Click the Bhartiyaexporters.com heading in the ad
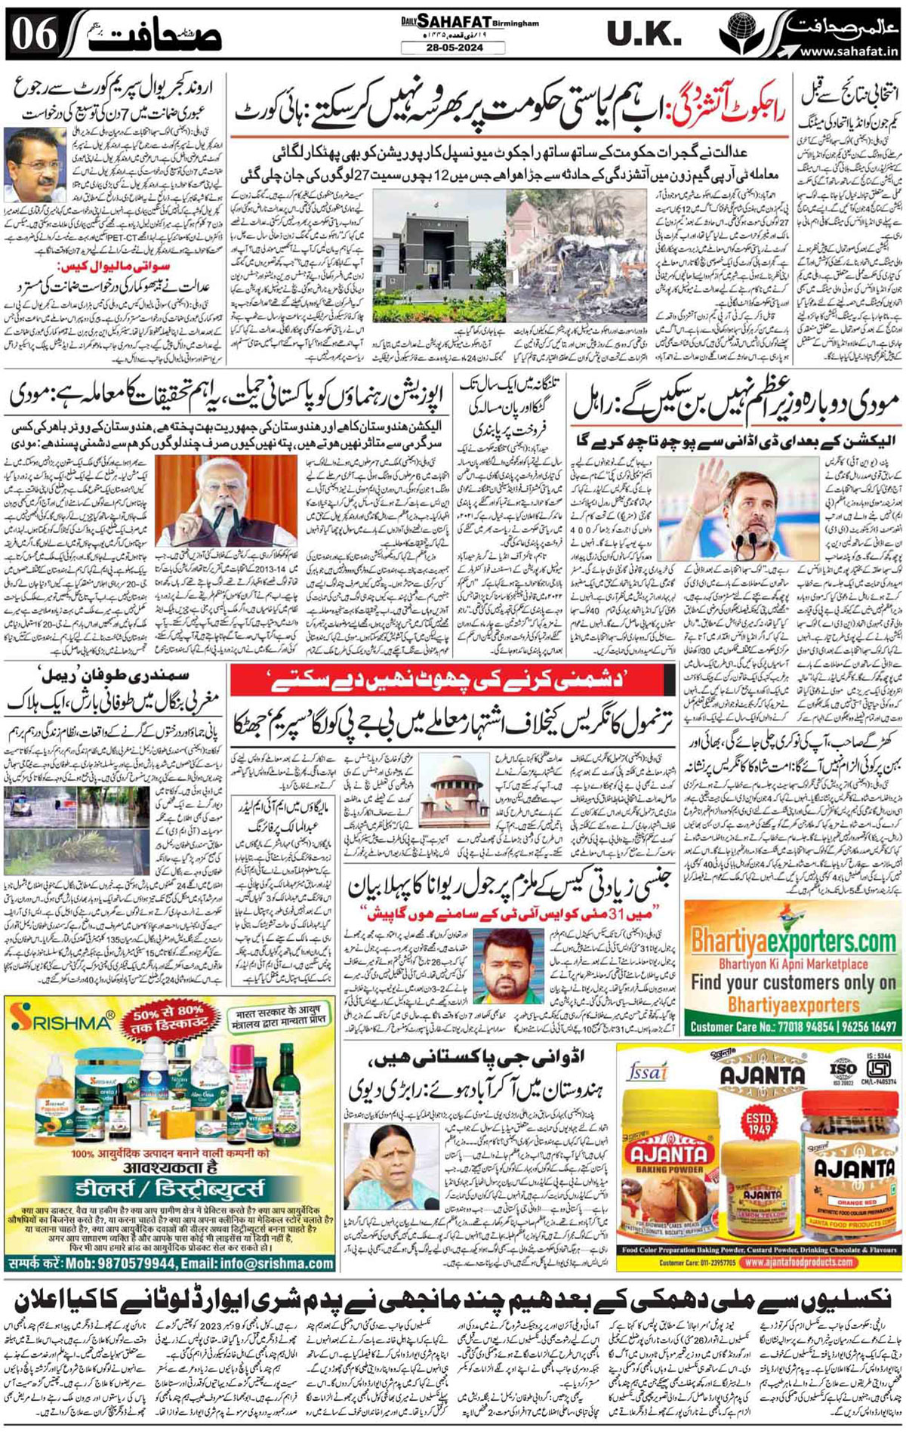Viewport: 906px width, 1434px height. tap(794, 942)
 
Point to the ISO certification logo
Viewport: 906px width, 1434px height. tap(843, 1070)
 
